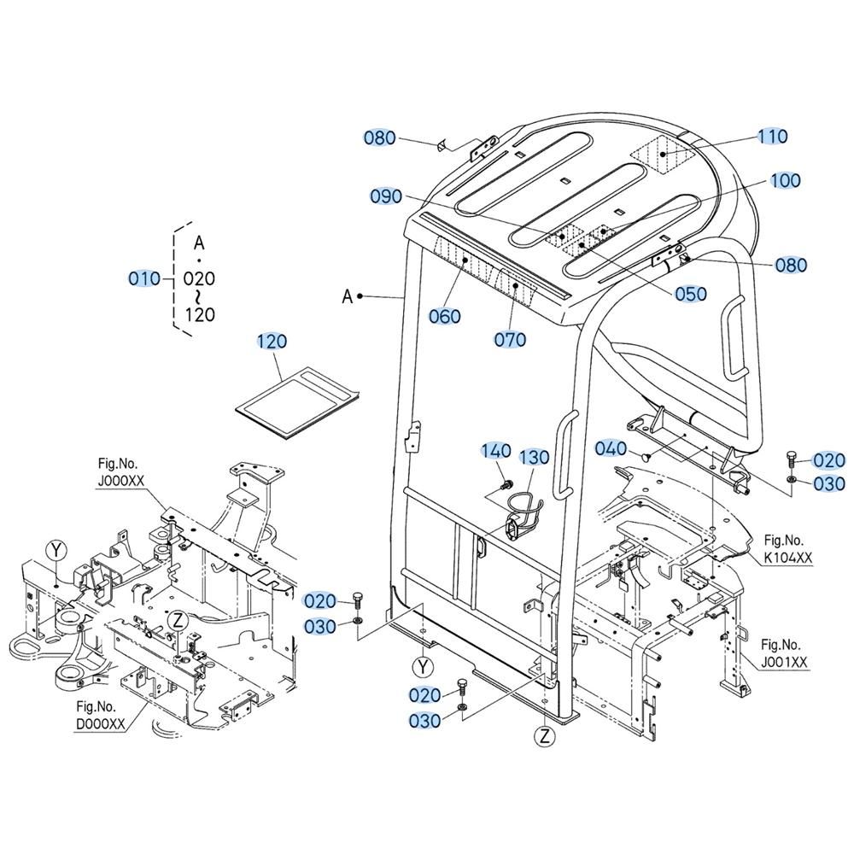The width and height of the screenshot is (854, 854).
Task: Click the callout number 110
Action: click(x=773, y=136)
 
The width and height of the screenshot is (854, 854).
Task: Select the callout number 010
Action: click(x=143, y=279)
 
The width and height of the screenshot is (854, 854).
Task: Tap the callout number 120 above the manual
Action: click(x=272, y=342)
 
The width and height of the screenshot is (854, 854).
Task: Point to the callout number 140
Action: click(x=495, y=450)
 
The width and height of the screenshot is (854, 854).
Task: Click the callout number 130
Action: click(x=534, y=457)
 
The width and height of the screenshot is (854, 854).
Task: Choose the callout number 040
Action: click(x=611, y=448)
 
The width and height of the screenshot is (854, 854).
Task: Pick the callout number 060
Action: click(x=444, y=316)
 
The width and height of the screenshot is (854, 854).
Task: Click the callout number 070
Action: click(x=510, y=339)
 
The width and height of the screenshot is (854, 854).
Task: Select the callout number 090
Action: click(x=386, y=196)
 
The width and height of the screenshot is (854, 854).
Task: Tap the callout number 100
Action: click(x=785, y=180)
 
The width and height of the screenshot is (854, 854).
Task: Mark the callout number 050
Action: click(x=691, y=294)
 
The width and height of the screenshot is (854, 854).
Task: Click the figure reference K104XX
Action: click(x=788, y=557)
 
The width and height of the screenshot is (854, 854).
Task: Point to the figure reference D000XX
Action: click(x=101, y=724)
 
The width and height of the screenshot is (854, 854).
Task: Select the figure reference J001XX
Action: click(x=784, y=662)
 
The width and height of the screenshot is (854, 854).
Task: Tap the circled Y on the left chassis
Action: click(x=56, y=551)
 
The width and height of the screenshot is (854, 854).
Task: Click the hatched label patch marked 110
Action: click(x=663, y=154)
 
